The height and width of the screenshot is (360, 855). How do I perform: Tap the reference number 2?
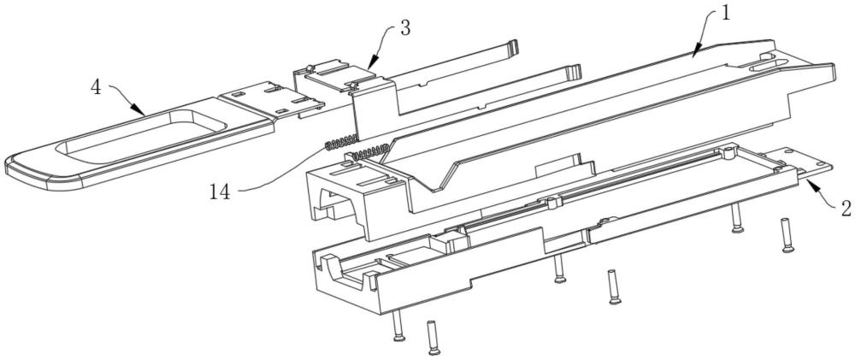tap(845, 207)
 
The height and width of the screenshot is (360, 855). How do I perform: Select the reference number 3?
tap(404, 28)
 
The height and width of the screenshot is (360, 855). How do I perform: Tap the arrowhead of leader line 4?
tap(142, 113)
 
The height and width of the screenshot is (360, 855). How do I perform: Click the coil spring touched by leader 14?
tap(342, 143)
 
